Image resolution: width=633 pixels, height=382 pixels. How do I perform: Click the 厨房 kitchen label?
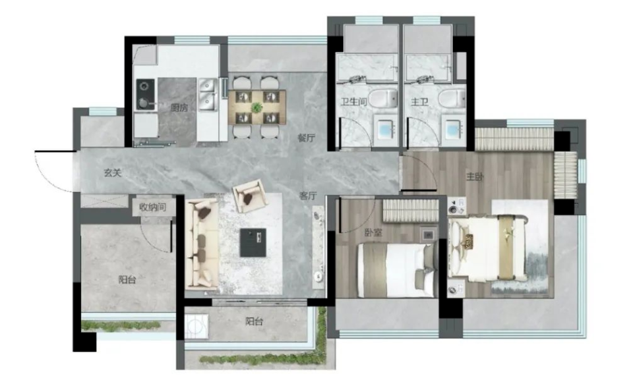pyautogui.click(x=179, y=108)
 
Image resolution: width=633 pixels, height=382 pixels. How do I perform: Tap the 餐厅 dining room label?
pyautogui.click(x=306, y=138)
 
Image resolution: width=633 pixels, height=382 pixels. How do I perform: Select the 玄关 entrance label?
pyautogui.click(x=113, y=173)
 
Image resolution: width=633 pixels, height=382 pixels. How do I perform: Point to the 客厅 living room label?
pyautogui.click(x=308, y=196)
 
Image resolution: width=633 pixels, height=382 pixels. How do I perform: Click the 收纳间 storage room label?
pyautogui.click(x=152, y=207)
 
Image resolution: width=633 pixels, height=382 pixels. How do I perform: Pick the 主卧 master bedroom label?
pyautogui.click(x=475, y=177)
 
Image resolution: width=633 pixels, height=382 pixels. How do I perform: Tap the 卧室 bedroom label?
pyautogui.click(x=373, y=232)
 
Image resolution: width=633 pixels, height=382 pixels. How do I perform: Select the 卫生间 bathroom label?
pyautogui.click(x=353, y=101)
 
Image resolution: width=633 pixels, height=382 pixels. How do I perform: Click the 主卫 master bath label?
pyautogui.click(x=419, y=101)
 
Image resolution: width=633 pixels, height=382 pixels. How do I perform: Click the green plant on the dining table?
pyautogui.click(x=256, y=108)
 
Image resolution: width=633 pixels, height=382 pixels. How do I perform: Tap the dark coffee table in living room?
pyautogui.click(x=253, y=242)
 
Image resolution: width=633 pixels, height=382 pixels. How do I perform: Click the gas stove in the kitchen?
pyautogui.click(x=145, y=94)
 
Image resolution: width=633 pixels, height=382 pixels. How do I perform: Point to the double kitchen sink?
pyautogui.click(x=208, y=94)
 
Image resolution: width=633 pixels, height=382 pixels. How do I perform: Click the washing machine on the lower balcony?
pyautogui.click(x=196, y=325)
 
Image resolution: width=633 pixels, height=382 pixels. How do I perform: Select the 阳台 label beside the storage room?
pyautogui.click(x=127, y=279)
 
